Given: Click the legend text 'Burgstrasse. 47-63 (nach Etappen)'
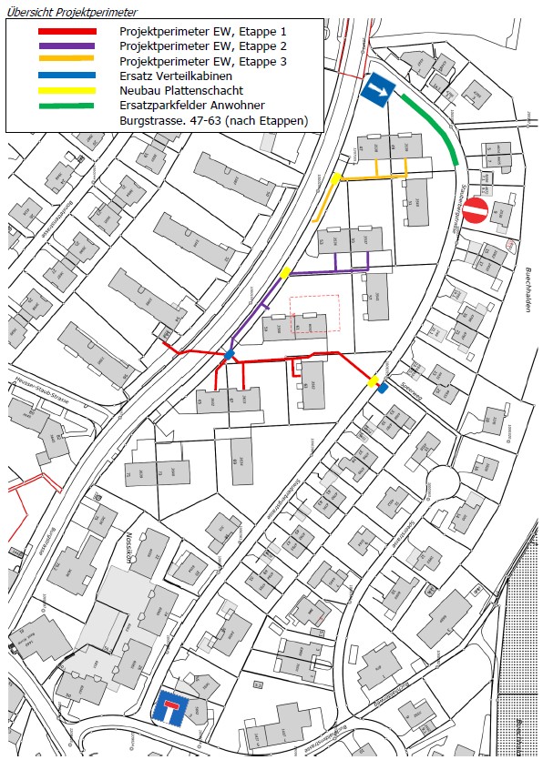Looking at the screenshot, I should [x=214, y=120].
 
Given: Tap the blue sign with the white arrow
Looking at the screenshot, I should [x=376, y=91].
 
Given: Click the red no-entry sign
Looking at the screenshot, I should [x=476, y=212].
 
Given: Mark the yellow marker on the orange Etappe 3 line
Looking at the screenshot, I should [x=336, y=178].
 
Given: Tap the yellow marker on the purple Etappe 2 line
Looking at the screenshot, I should [x=286, y=272].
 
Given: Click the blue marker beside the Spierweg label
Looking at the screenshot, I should [x=383, y=389].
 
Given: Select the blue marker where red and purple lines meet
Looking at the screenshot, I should [x=231, y=354].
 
